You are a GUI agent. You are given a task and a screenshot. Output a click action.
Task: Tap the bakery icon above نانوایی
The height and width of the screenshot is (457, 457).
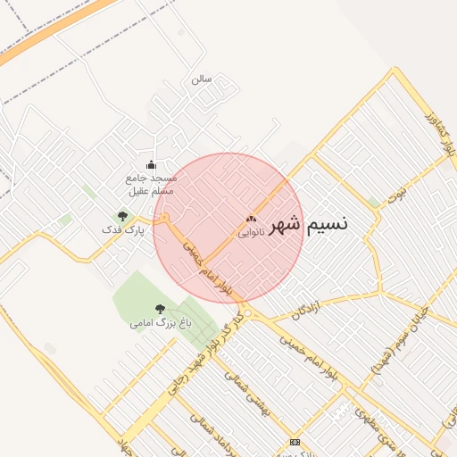(x=250, y=219)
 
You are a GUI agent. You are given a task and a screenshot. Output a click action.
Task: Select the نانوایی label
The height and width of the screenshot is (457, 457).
(x=250, y=232)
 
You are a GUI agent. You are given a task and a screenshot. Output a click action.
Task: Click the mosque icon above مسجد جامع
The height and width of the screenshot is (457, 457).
(x=150, y=164)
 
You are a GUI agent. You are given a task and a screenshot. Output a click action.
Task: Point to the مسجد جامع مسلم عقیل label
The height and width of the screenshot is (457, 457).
(x=151, y=184)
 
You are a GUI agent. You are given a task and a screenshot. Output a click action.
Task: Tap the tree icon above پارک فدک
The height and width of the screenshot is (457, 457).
(x=122, y=216)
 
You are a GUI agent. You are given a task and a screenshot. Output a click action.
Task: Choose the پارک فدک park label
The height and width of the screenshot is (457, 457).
(x=122, y=230)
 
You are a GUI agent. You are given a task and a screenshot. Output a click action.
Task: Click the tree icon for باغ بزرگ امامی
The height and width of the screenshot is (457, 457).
(x=160, y=309)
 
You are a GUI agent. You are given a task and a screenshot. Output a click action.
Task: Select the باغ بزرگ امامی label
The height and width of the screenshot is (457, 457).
(x=160, y=323)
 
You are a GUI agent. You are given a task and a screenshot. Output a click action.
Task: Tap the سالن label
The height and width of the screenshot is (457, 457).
(x=201, y=79)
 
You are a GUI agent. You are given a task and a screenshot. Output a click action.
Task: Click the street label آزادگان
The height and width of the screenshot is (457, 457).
(x=304, y=311)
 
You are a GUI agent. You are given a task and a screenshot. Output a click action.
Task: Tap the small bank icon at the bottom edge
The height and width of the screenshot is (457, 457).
(x=295, y=443)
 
